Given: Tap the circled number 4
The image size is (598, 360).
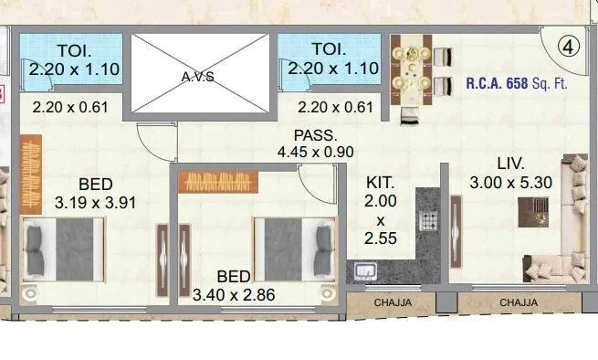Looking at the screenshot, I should coord(570,48).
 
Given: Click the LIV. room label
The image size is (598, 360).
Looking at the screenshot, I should coord(509,164).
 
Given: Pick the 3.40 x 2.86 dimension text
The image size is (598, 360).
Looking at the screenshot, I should coord(235,294).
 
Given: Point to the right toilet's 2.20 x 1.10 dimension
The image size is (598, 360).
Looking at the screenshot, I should coord(328,68).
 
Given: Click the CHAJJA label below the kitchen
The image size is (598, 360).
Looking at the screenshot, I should coord(391,303).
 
